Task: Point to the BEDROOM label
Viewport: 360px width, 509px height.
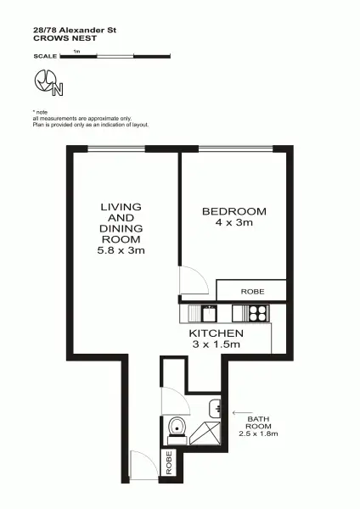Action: point(233,211)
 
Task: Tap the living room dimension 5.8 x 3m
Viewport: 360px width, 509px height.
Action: point(121,251)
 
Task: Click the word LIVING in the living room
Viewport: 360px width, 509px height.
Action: point(121,206)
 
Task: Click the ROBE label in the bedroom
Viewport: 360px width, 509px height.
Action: point(252,292)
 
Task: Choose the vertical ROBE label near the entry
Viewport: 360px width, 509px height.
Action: point(169,462)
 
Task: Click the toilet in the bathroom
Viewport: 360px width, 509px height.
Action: point(177,429)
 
